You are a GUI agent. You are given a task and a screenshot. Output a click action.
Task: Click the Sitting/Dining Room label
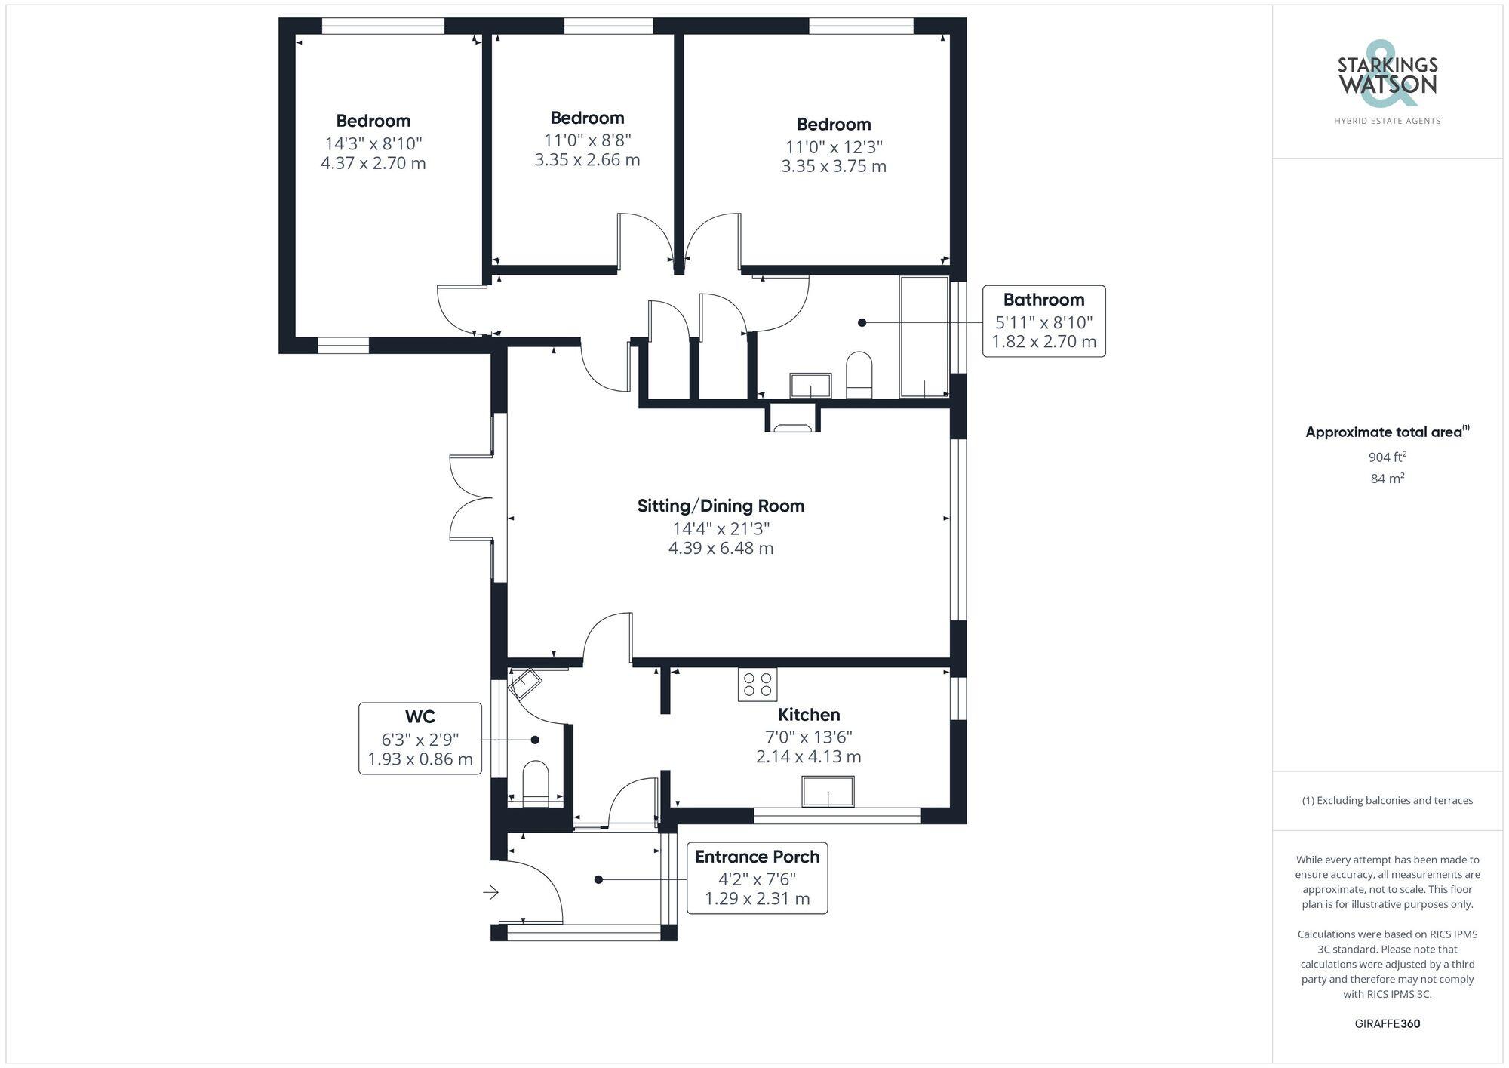[721, 506]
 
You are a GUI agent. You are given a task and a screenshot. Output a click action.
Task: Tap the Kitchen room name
[809, 714]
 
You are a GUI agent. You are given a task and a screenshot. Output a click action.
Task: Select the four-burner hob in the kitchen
[758, 685]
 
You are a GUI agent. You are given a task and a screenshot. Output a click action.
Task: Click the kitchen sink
[828, 791]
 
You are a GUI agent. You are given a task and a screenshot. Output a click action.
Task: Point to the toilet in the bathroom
[859, 374]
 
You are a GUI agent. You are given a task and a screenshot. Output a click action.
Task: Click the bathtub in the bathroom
[924, 337]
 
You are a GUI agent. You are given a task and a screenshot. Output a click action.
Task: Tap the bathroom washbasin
[810, 385]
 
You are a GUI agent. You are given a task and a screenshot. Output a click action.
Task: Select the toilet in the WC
[536, 783]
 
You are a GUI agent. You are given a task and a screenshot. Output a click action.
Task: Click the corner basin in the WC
[524, 684]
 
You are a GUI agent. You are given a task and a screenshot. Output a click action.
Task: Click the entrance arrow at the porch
[491, 892]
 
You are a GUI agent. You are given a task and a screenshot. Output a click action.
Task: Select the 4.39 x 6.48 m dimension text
[721, 548]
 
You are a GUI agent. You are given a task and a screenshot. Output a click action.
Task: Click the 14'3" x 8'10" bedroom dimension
[373, 143]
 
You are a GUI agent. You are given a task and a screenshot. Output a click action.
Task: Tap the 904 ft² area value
[1388, 457]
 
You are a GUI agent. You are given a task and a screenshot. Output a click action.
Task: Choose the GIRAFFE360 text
[1388, 1023]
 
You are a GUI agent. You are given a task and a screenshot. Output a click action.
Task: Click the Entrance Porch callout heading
[757, 857]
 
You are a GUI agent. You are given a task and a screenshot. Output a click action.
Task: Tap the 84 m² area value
[1388, 478]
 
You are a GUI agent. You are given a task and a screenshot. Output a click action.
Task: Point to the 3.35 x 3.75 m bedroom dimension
[834, 166]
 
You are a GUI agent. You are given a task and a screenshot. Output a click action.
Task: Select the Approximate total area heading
[1388, 432]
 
